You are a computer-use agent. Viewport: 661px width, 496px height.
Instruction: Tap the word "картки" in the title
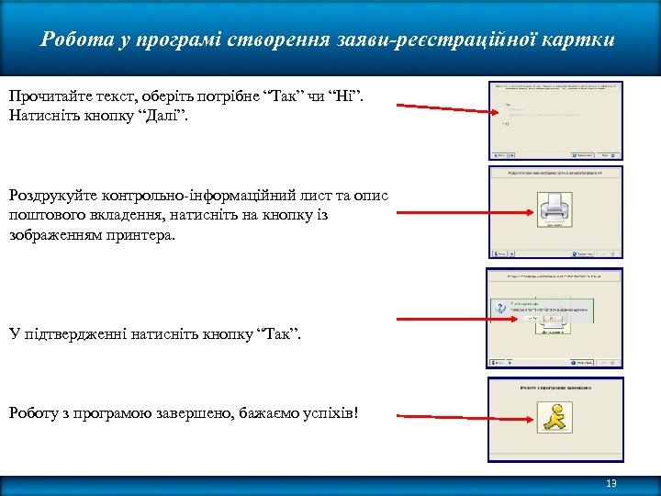point(582,40)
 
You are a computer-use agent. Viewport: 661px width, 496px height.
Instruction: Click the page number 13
point(611,484)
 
